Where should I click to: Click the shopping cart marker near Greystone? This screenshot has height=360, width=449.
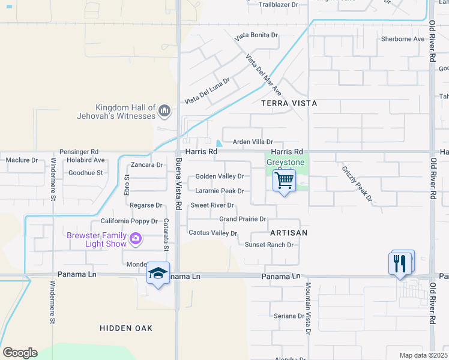(284, 180)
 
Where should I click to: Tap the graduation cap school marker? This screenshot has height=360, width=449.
(158, 273)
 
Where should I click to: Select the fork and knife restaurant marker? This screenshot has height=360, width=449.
(400, 263)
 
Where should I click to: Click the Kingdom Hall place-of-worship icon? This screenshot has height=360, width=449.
(164, 110)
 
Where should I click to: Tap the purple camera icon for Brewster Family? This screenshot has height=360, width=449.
(136, 239)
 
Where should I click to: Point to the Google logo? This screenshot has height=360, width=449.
(20, 353)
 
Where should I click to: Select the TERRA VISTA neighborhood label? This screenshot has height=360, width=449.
(289, 103)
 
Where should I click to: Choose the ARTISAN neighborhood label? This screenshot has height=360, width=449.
(289, 232)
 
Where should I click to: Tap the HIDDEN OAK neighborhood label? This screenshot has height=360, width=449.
(127, 328)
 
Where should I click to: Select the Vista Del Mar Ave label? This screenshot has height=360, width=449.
(264, 75)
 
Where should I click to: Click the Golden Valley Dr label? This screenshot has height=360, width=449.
(220, 176)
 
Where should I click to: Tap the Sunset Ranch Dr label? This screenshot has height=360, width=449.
(269, 245)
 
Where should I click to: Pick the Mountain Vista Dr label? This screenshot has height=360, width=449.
(308, 308)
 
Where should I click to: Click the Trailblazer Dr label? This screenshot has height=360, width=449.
(279, 4)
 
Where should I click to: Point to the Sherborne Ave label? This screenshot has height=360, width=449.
(403, 39)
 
